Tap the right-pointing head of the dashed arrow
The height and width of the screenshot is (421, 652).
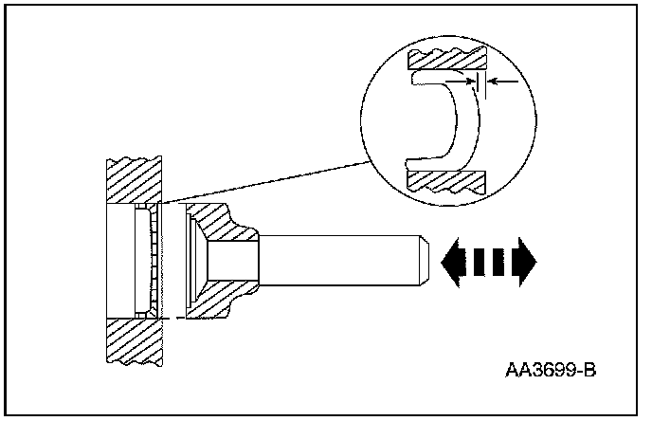point(525,257)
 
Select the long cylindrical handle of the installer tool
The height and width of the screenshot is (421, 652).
point(341,257)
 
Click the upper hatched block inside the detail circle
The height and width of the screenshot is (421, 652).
point(445,60)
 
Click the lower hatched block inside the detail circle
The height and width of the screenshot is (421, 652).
point(445,178)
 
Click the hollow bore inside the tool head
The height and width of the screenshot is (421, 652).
point(232,257)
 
